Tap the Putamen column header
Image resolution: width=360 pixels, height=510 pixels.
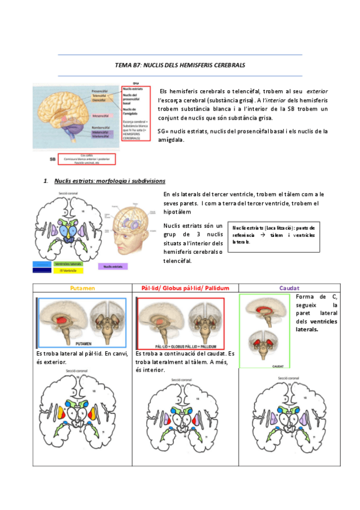tap(82, 288)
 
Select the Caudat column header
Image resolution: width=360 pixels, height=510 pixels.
tap(289, 288)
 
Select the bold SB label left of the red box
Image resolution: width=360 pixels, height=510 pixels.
tap(53, 160)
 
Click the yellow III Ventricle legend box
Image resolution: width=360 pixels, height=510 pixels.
tap(68, 271)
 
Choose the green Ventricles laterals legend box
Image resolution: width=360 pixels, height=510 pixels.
tap(68, 264)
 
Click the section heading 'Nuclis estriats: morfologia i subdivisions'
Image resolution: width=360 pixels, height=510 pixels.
tap(109, 180)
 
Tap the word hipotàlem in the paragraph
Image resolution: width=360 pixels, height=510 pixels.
tap(177, 212)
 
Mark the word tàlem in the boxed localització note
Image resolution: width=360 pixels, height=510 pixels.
tap(278, 235)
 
